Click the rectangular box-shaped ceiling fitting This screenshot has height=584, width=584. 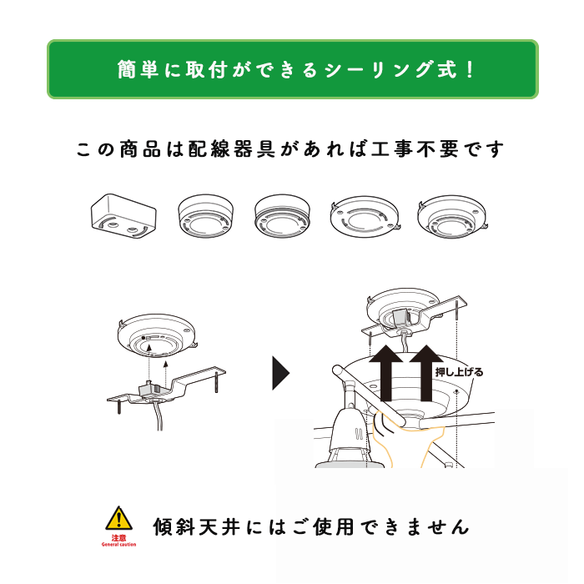point(123,216)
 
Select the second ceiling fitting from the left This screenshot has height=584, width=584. point(205,216)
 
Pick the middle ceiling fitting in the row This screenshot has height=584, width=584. point(282,216)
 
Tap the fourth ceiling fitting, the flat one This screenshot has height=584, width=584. point(365,216)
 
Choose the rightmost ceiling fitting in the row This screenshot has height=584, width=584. point(452,217)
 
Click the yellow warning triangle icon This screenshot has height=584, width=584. point(118,518)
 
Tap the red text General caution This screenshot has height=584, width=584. point(118,545)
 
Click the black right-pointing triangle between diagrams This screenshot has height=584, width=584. point(280,373)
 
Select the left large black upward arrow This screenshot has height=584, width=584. point(385,372)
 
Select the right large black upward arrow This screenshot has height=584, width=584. point(426,372)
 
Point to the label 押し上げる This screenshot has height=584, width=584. point(459,372)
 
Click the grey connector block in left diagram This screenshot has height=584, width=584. point(150,390)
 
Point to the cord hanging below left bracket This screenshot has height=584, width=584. point(159,415)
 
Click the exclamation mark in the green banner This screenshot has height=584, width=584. point(471,69)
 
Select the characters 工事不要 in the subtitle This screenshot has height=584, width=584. point(415,149)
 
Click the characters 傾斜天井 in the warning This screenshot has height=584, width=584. point(197,526)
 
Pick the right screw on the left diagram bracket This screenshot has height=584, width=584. point(217,380)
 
